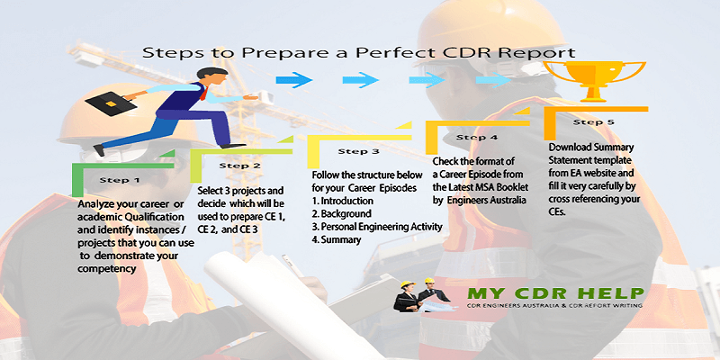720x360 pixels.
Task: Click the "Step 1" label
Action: tap(119, 179)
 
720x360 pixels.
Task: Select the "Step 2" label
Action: tap(239, 166)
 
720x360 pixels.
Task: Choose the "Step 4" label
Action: tap(477, 137)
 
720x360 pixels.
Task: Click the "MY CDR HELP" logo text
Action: tap(555, 293)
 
